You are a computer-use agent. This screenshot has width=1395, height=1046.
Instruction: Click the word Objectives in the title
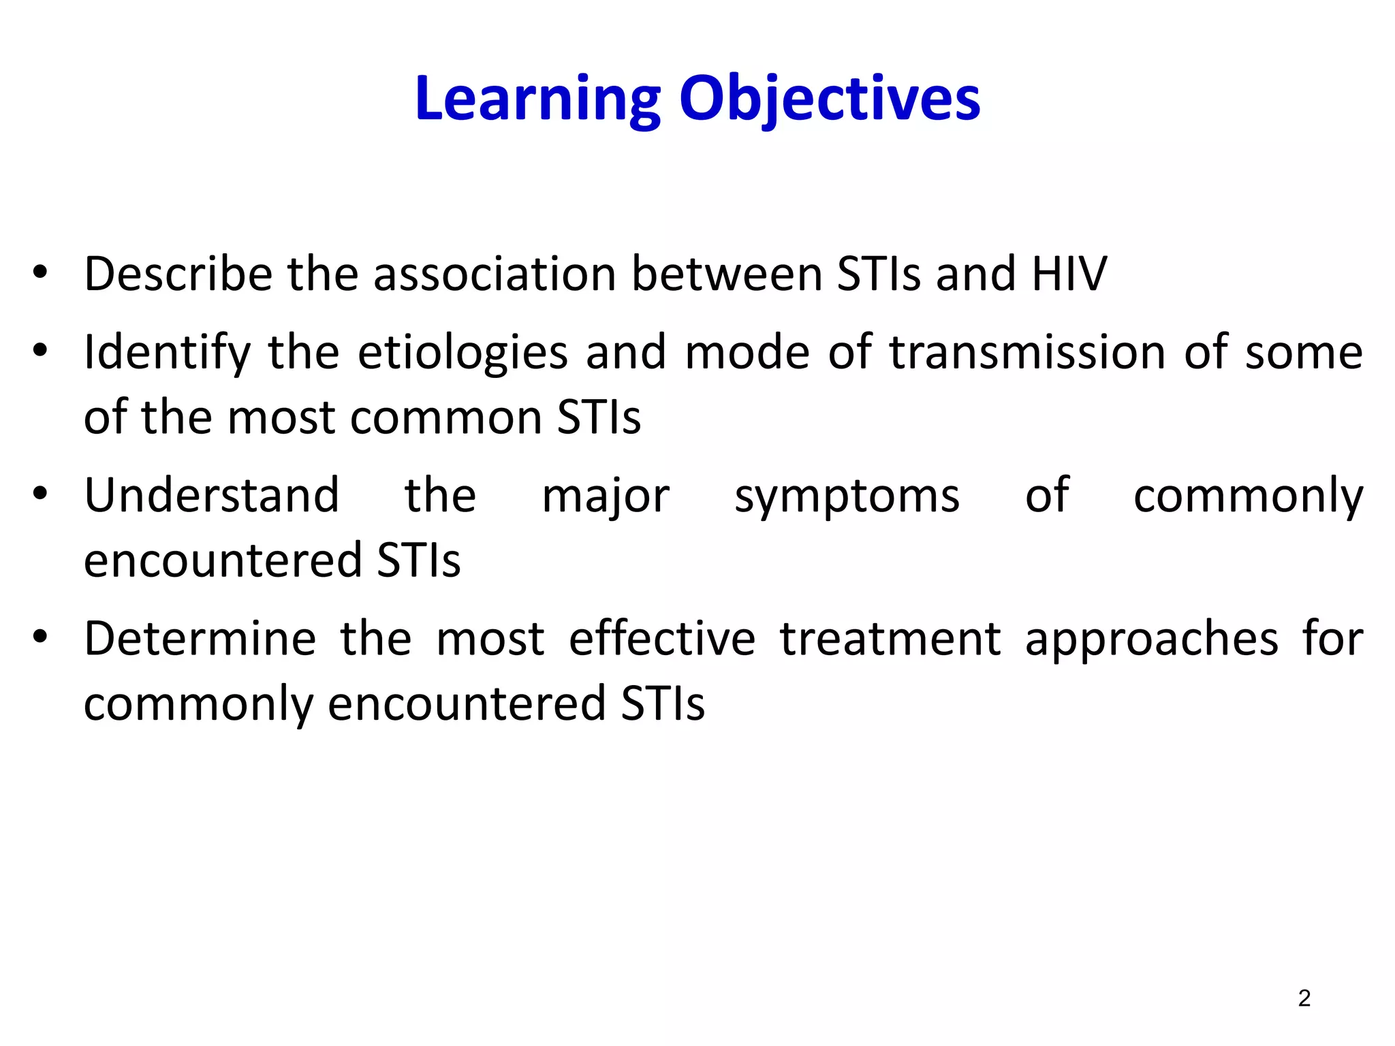click(830, 99)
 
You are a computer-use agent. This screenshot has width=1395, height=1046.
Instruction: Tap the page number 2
click(1304, 998)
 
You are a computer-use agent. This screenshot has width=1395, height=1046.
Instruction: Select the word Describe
click(178, 274)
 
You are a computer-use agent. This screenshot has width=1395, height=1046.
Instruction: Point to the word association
click(495, 274)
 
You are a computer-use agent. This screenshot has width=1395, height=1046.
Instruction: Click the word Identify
click(168, 353)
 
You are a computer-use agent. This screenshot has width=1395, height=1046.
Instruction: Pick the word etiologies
click(463, 353)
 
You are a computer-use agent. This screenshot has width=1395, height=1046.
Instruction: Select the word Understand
click(212, 495)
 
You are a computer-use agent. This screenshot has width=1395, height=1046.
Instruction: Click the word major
click(606, 496)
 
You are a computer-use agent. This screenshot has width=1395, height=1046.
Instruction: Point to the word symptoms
click(847, 496)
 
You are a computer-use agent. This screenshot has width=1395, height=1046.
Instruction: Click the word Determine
click(200, 639)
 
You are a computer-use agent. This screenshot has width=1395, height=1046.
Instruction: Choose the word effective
click(662, 639)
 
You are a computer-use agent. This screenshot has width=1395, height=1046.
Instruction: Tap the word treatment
click(890, 639)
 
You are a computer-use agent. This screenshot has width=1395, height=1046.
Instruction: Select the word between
click(727, 274)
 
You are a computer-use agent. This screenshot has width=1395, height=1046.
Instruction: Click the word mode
click(747, 353)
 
